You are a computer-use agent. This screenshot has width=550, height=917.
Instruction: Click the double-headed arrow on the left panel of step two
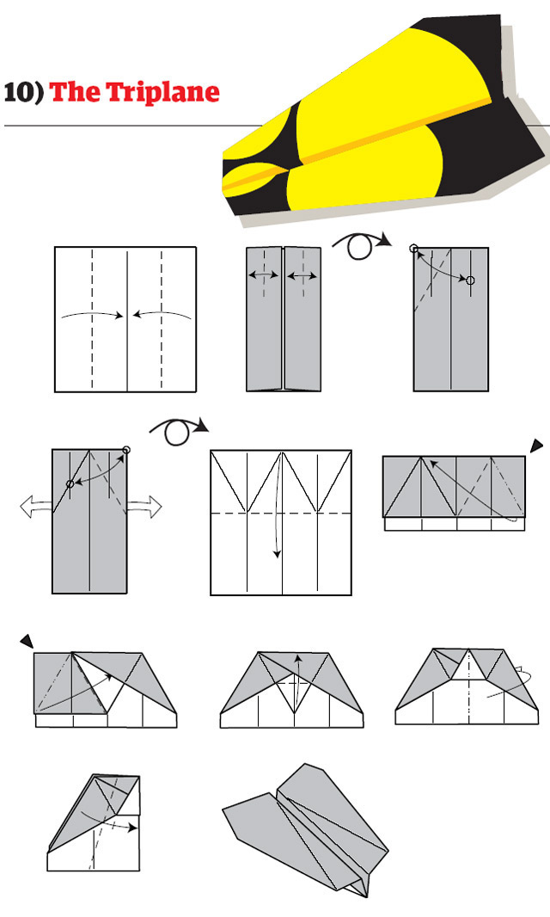point(263,276)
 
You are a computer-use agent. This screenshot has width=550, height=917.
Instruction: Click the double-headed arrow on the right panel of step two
point(302,276)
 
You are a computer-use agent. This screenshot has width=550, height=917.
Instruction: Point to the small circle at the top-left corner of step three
point(414,249)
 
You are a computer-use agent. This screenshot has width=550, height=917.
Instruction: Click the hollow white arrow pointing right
point(144,508)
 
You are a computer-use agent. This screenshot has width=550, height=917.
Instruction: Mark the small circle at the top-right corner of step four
point(126,450)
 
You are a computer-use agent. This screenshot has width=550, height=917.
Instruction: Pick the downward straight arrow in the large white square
point(277,533)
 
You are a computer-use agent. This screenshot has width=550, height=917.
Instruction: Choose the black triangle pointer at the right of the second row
point(536,445)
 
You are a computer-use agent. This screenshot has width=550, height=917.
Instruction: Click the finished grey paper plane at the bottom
point(301,826)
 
